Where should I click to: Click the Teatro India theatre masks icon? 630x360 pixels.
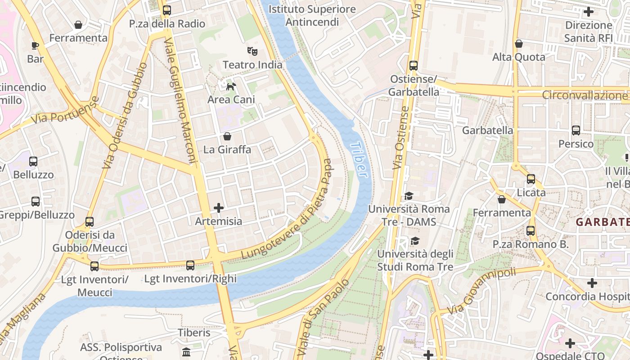pos(252,51)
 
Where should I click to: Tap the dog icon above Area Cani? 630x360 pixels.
pos(231,86)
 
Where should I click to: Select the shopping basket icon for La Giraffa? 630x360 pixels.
pos(227,136)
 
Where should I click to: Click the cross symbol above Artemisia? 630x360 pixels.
pos(219,207)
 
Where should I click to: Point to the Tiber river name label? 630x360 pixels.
pos(359,160)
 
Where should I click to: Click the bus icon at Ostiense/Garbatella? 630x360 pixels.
pos(414,66)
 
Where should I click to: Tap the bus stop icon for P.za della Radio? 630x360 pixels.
pos(167,10)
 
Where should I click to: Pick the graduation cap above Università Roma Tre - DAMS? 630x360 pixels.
pos(409,196)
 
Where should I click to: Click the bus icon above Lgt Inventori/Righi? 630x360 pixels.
pos(190,265)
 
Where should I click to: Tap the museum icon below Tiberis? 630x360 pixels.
pos(186,351)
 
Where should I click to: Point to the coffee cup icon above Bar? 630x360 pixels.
pos(35,45)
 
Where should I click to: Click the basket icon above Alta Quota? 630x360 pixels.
pos(519,44)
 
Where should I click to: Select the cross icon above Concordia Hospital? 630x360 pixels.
pos(592,283)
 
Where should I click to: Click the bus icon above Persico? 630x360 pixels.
pos(576,130)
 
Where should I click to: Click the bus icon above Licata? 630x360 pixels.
pos(531,179)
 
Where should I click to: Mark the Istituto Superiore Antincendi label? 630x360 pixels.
pos(312,15)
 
